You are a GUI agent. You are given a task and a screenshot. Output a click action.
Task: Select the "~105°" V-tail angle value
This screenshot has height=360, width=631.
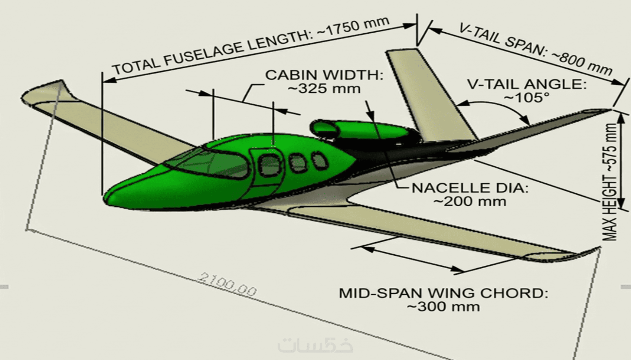coord(526,98)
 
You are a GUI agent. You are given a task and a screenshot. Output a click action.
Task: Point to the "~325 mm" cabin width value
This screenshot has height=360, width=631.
coord(324,89)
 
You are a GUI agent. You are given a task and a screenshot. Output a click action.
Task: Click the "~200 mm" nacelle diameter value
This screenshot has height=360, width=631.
coord(470,202)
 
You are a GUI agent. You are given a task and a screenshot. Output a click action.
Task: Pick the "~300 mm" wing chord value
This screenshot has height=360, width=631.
coord(444,307)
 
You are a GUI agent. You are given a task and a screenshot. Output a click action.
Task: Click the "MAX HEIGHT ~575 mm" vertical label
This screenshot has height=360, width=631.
coord(610,182)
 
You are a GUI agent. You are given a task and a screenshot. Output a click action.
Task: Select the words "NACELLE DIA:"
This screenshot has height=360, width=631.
coord(470,188)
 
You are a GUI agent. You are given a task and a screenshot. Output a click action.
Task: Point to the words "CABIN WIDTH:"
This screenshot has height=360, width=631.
coord(324,75)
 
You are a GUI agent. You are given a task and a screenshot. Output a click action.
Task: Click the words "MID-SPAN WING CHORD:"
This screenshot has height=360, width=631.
coord(444,293)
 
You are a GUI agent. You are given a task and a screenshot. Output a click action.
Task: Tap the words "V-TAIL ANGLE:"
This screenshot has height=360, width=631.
coord(527,84)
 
